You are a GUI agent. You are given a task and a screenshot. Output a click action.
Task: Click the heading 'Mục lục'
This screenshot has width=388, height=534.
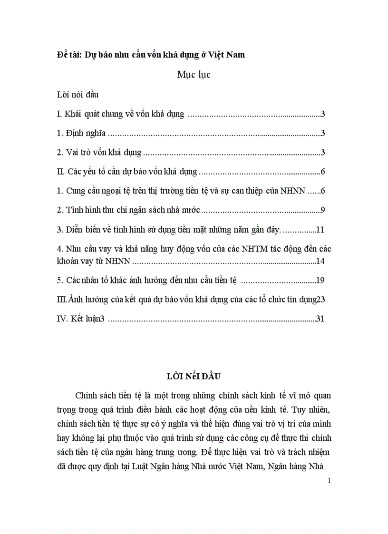coord(194,74)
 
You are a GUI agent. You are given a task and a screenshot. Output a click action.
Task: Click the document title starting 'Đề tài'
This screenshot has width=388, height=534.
coord(150,55)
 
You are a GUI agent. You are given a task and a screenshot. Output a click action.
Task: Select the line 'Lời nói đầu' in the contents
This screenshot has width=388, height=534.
coord(78,95)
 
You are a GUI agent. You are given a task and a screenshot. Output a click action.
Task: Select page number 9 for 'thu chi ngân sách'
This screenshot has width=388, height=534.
coord(322,210)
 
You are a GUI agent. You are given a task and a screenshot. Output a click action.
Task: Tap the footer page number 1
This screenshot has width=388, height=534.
coord(329,480)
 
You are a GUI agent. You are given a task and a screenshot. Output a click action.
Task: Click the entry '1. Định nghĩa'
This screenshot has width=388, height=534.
coord(81,134)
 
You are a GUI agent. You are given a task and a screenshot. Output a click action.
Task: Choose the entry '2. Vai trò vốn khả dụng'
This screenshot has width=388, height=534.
coord(99,153)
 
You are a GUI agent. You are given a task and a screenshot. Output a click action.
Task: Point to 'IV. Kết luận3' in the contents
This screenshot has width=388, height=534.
coord(80,319)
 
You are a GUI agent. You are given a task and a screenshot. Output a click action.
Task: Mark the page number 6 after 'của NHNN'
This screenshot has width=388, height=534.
coord(322,191)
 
